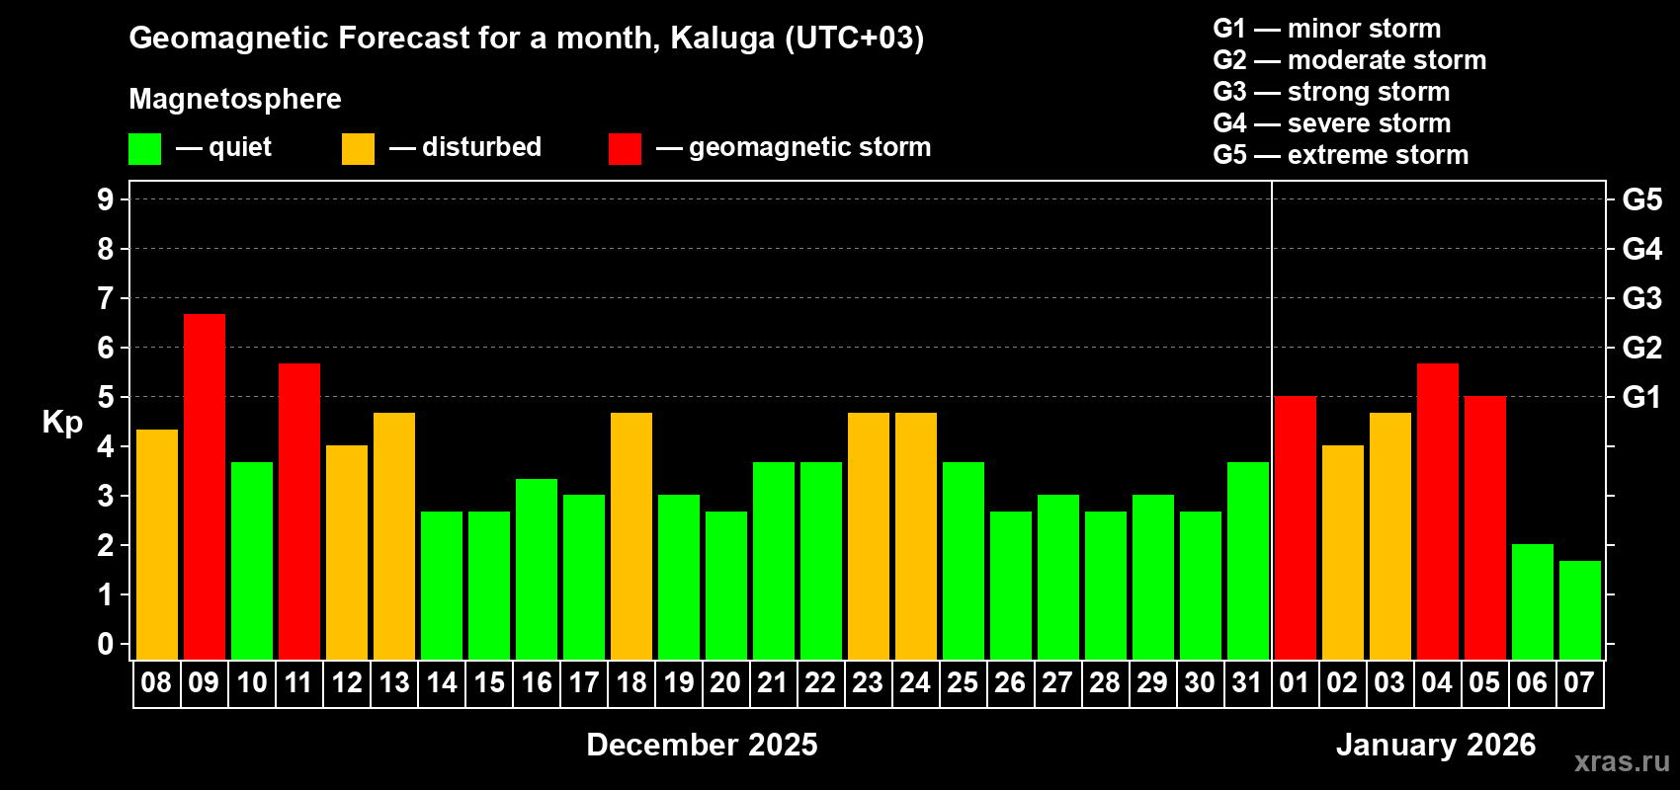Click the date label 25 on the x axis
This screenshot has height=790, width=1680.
coord(963,682)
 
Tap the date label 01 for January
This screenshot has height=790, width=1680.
coord(1295,682)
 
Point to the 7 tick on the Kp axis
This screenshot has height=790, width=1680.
coord(106,298)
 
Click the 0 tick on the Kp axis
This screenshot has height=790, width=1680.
coord(106,644)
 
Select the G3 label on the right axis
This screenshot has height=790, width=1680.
coord(1641,298)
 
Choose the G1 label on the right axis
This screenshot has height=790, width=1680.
coord(1641,397)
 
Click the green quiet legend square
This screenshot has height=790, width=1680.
coord(145,149)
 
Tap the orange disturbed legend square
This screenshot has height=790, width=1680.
coord(359,149)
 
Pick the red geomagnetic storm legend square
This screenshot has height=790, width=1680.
coord(626,149)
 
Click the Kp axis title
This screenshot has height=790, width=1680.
coord(62,423)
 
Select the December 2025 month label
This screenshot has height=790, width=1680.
coord(702,745)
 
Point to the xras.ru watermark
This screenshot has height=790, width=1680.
coord(1621,761)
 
